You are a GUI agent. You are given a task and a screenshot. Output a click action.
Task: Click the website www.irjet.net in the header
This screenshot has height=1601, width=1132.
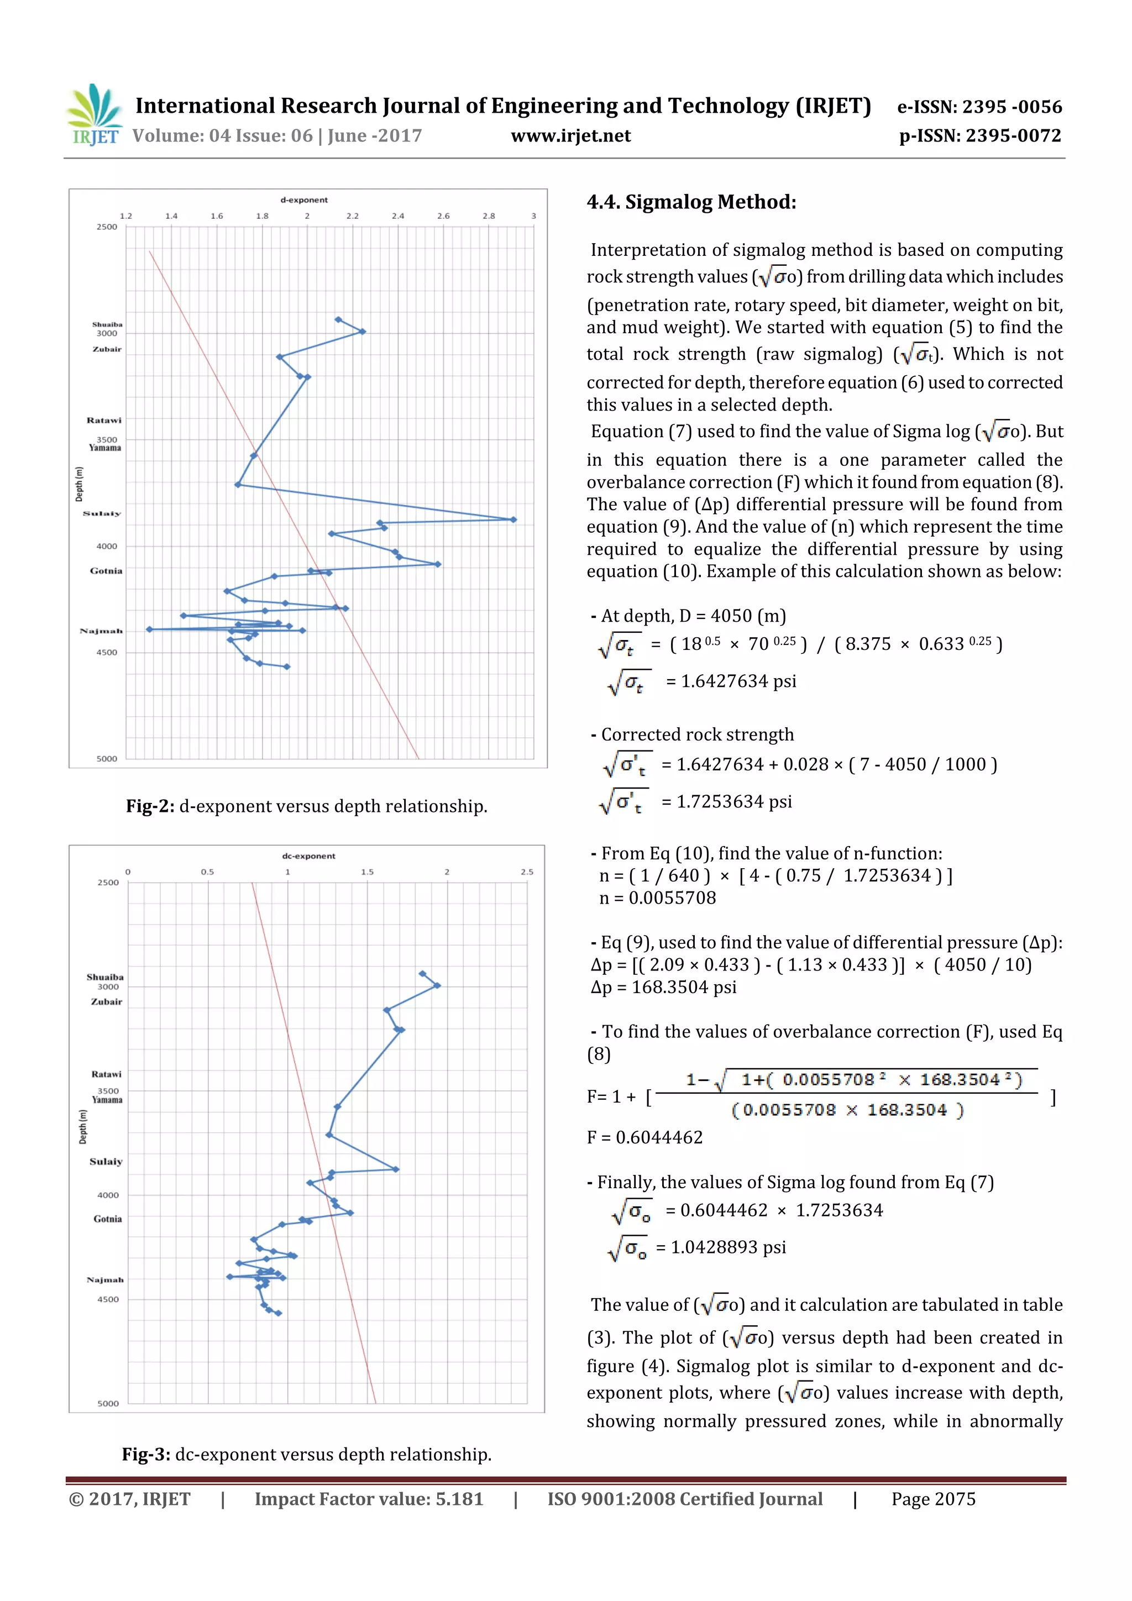[x=570, y=135]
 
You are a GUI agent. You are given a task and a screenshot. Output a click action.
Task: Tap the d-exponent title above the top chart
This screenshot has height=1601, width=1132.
[x=303, y=200]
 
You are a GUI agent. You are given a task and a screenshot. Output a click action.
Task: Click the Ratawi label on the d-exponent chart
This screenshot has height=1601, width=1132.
[x=104, y=421]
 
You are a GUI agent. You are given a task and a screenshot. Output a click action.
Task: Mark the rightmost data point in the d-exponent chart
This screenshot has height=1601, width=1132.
[x=513, y=519]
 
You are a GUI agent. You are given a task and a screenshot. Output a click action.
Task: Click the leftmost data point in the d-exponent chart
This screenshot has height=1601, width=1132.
[x=149, y=629]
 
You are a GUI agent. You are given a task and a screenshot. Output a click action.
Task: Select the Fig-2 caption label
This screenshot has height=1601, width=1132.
[x=150, y=806]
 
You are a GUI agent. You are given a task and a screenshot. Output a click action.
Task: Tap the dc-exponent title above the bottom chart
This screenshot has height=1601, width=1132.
[x=308, y=855]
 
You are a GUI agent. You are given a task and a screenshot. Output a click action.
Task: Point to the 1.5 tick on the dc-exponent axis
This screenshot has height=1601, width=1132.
[x=367, y=872]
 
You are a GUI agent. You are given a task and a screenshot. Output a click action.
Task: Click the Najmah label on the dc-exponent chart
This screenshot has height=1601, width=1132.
[x=106, y=1279]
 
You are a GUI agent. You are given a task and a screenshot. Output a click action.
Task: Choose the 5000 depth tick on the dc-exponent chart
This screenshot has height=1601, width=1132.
[x=108, y=1403]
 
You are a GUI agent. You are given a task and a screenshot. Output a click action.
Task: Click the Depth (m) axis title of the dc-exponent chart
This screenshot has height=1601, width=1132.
[x=83, y=1126]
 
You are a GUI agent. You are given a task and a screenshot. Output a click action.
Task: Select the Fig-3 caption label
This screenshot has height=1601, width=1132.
[x=146, y=1454]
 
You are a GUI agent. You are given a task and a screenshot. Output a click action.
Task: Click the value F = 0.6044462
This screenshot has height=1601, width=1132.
[x=644, y=1137]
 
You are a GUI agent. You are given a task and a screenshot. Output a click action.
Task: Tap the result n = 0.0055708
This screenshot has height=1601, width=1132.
[x=657, y=897]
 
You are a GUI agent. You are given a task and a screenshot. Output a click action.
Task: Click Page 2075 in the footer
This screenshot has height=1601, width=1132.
[x=932, y=1499]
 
